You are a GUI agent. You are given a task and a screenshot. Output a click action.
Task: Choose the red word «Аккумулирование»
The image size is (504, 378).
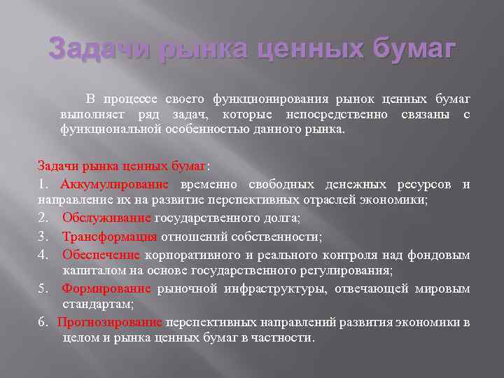115,185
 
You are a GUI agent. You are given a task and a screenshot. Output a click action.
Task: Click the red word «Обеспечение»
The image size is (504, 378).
101,254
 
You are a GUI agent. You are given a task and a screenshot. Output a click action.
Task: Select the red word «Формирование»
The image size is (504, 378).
106,288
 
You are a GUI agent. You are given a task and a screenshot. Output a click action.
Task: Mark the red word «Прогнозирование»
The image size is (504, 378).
110,322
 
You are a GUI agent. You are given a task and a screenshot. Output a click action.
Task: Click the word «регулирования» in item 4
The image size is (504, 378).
352,270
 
